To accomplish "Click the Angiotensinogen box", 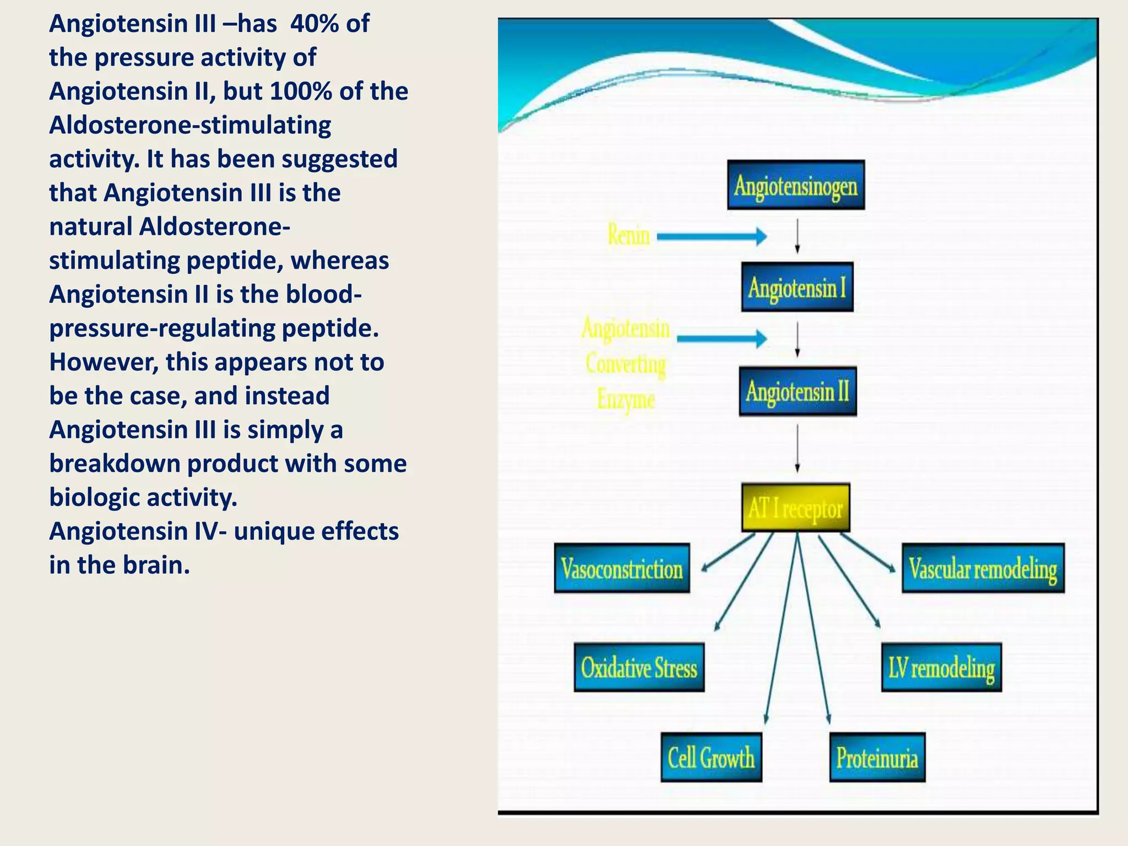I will [795, 186].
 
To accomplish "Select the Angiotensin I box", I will [797, 287].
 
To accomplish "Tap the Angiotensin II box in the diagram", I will [798, 391].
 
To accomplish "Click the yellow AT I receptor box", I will [795, 508].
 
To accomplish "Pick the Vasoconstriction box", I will [622, 568].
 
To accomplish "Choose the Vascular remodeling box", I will [983, 568].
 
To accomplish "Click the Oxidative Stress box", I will [639, 668].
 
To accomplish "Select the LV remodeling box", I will [941, 668].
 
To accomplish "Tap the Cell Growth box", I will [711, 757].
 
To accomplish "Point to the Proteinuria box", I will [877, 757].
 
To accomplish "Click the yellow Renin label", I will [628, 235].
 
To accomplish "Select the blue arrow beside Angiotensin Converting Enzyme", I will [722, 338].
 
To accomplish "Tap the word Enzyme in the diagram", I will [626, 399].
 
